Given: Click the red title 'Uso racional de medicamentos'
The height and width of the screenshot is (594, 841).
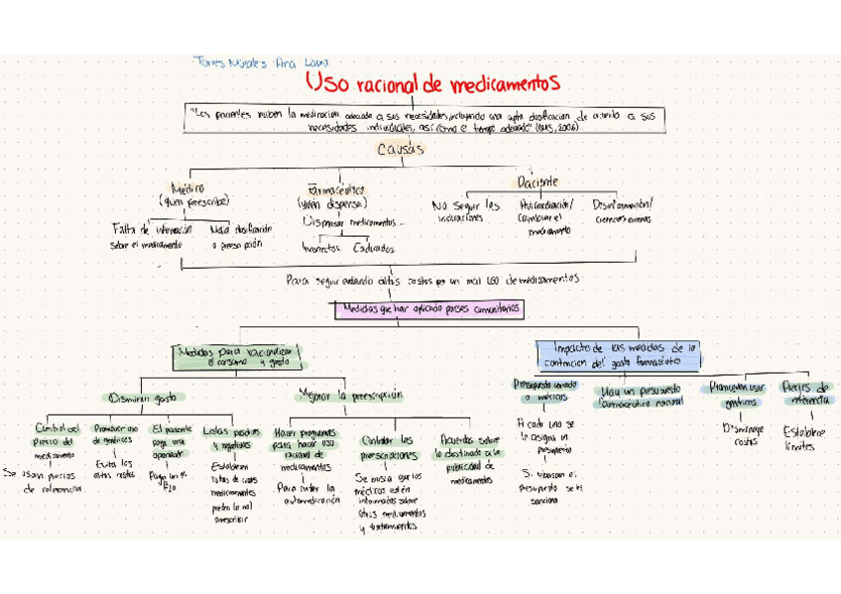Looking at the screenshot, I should click(x=432, y=81).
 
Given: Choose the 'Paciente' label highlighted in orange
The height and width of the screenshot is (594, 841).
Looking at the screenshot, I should click(x=538, y=182).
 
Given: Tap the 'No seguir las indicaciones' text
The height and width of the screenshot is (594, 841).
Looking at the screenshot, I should click(x=466, y=211).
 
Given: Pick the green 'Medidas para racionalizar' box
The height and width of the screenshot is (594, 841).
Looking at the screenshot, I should click(x=238, y=356).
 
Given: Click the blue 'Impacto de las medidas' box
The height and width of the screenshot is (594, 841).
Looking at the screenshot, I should click(x=619, y=354).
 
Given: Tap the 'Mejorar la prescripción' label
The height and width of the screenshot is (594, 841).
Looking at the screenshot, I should click(x=351, y=395).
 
